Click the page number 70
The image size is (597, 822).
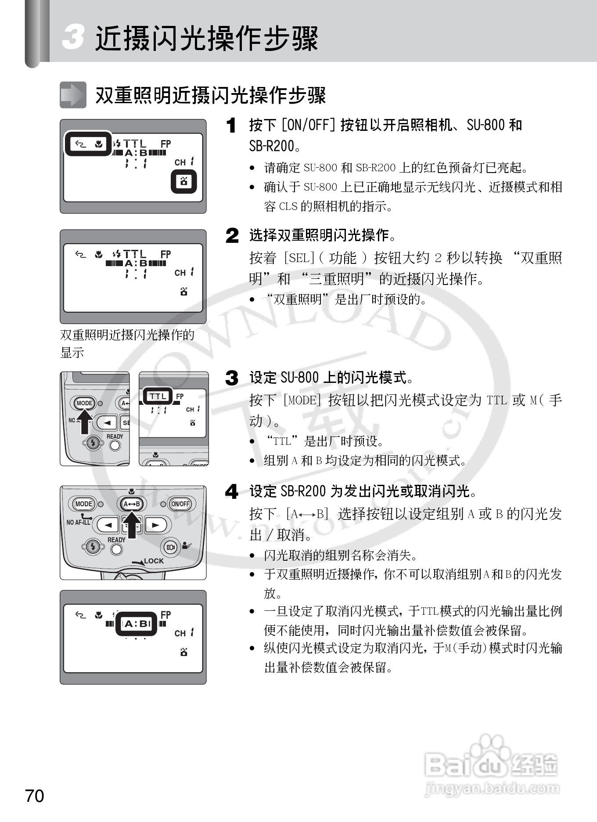coord(35,796)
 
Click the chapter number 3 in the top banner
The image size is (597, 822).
coord(73,37)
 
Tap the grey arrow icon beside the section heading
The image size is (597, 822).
coord(73,94)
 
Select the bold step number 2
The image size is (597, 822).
coord(232,235)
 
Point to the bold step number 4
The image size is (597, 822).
coord(232,491)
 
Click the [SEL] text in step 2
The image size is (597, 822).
coord(300,258)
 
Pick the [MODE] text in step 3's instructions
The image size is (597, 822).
coord(303,400)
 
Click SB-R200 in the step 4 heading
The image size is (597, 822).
coord(303,491)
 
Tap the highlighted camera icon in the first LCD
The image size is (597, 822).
coord(183,181)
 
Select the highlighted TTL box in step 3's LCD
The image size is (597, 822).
coord(158,396)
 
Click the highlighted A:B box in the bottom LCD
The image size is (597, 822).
coord(136,624)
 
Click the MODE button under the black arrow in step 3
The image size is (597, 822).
coord(84,403)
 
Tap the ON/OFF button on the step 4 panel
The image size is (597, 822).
coord(180,504)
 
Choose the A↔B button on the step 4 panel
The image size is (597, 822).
coord(131,504)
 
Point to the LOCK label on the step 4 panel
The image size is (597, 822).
coord(154,561)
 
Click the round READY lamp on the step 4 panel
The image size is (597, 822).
coord(116,549)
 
